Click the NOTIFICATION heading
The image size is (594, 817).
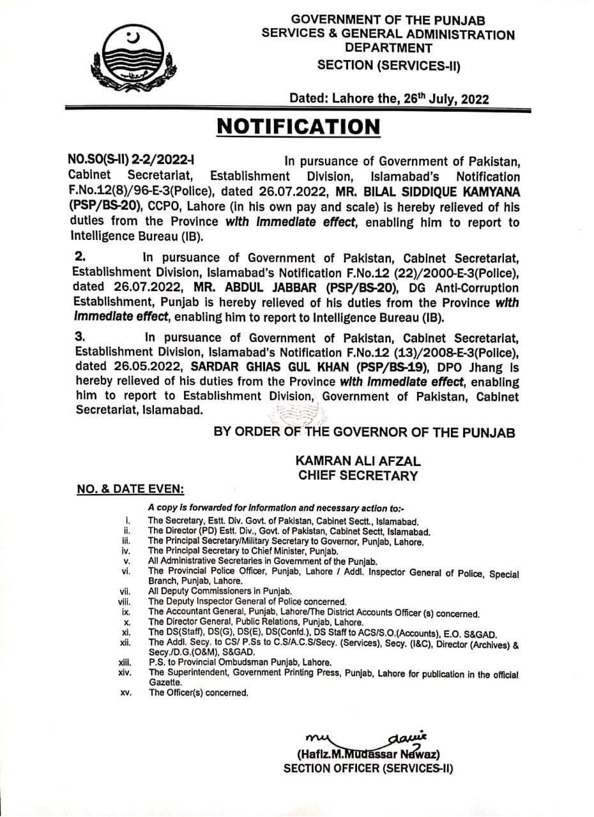click(x=298, y=126)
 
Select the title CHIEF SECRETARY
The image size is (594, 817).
click(x=358, y=475)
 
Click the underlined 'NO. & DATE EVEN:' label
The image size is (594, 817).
click(x=130, y=490)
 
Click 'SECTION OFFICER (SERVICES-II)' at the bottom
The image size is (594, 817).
click(x=368, y=768)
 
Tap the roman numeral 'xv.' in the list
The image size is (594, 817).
click(x=125, y=693)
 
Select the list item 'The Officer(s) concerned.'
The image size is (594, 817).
click(x=198, y=693)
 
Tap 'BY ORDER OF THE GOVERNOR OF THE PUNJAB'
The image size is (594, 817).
click(x=364, y=432)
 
